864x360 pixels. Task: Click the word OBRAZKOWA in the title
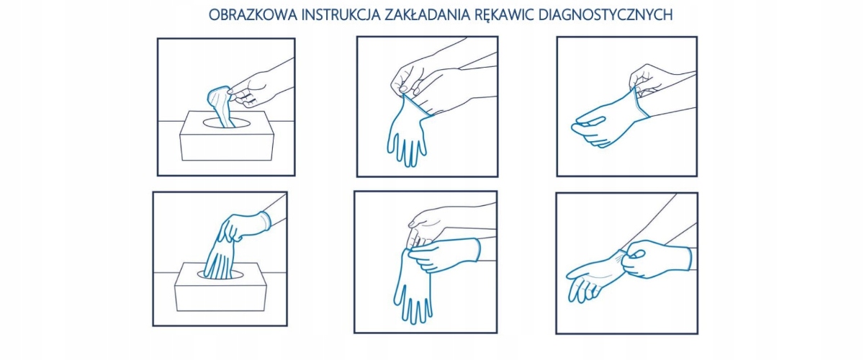tap(253, 15)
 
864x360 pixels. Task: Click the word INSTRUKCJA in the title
tap(341, 15)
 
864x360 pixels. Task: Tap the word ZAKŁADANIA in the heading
tap(428, 15)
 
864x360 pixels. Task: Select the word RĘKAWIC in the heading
tap(503, 15)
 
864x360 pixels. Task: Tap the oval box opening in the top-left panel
tap(228, 123)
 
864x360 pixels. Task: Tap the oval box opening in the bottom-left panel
tap(220, 274)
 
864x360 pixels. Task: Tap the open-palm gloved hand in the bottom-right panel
tap(594, 276)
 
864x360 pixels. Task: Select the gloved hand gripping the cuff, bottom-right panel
tap(656, 258)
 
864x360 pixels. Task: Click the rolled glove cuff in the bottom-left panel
tap(266, 220)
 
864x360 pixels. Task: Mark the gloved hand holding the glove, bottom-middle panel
tap(444, 255)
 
